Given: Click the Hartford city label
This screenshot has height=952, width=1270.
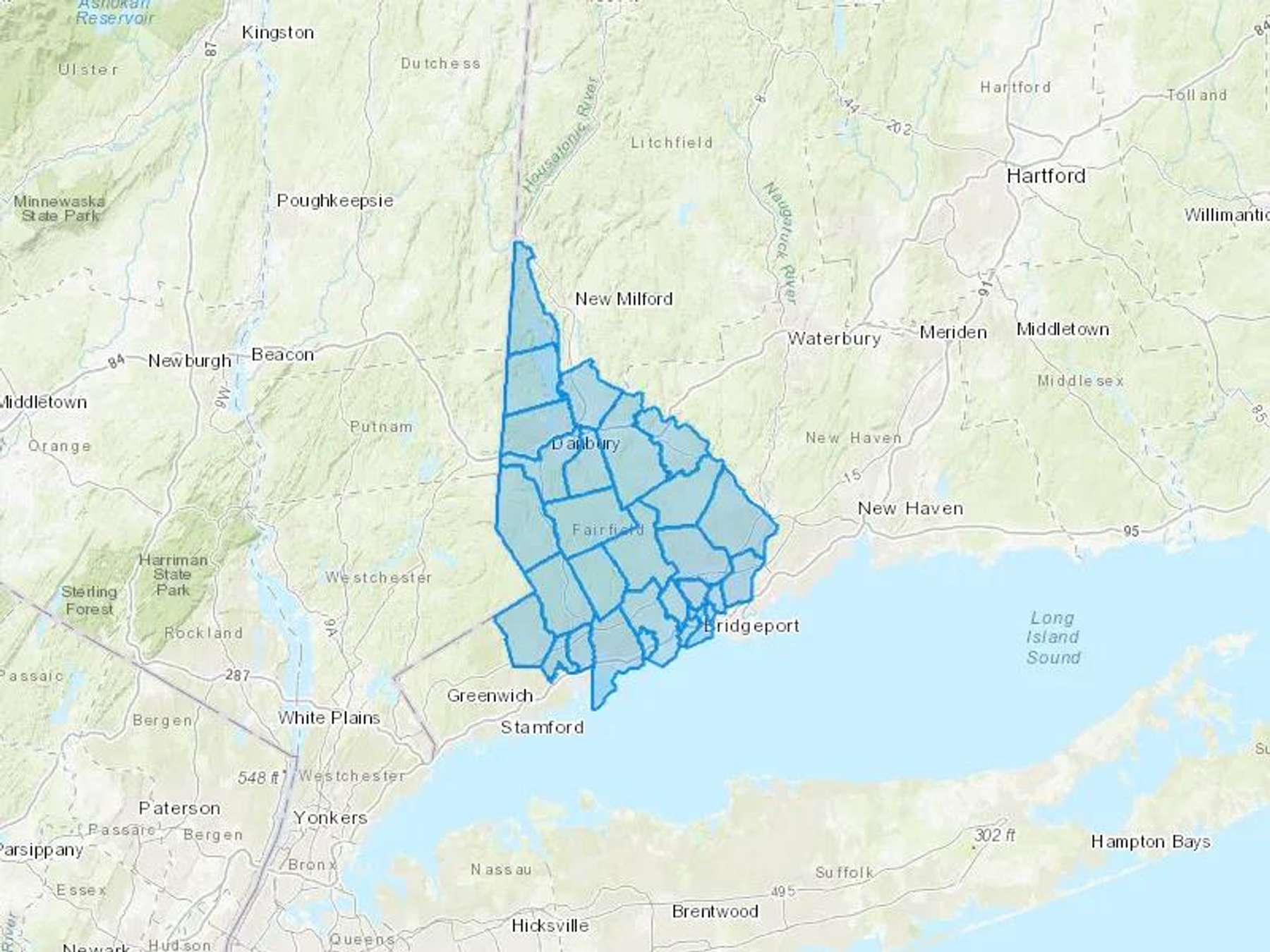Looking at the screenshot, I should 1046,176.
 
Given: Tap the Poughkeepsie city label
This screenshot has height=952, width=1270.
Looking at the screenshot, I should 335,201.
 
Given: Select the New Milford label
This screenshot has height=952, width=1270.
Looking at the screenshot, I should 624,299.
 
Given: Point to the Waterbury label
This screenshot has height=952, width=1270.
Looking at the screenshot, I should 834,338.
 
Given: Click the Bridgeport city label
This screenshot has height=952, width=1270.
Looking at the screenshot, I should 752,625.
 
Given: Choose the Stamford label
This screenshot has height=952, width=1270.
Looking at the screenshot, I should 542,727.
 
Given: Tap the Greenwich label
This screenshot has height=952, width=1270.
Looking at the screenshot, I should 490,696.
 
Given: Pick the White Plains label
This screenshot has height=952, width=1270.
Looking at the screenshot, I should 329,718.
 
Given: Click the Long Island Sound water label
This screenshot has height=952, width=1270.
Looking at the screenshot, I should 1053,637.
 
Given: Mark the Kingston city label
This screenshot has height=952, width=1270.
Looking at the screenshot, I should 277,32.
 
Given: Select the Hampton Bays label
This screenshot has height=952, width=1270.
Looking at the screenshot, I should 1150,841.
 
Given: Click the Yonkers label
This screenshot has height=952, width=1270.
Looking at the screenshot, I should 330,818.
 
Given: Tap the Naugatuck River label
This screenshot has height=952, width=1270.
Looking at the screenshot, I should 780,243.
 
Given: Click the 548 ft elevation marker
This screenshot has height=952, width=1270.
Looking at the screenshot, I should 259,778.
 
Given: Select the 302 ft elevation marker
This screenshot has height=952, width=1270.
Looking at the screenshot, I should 994,836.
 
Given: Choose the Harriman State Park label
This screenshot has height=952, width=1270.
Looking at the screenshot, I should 173,575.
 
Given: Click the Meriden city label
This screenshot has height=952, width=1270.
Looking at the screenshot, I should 953,332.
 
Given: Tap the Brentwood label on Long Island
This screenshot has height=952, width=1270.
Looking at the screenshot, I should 715,911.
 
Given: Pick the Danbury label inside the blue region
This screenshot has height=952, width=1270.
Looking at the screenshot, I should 585,444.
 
